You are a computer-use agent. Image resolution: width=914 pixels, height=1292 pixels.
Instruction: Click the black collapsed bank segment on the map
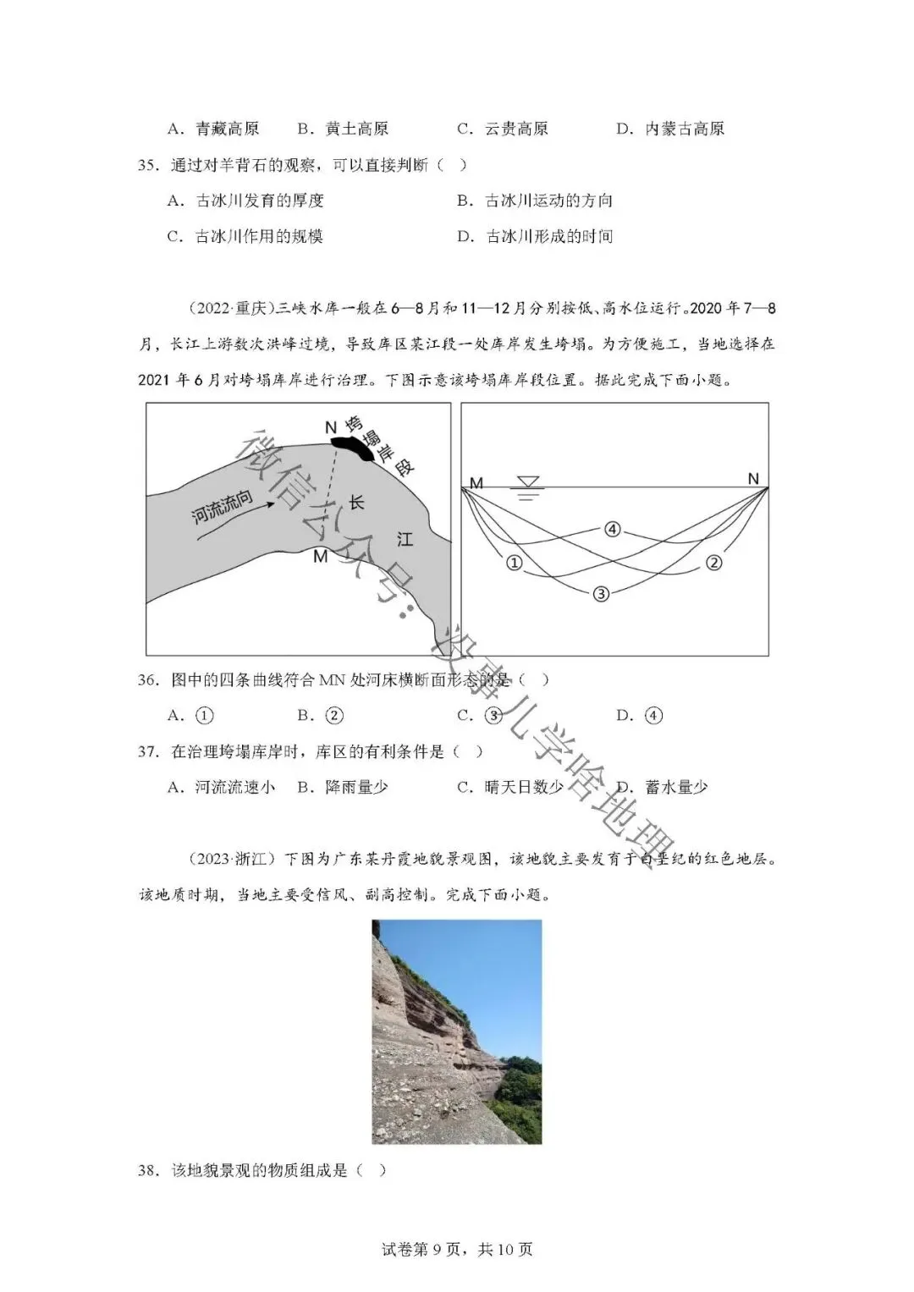click(x=352, y=446)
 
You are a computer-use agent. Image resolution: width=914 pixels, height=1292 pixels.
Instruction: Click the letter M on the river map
click(x=320, y=556)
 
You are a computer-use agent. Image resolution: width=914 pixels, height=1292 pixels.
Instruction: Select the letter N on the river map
click(x=331, y=427)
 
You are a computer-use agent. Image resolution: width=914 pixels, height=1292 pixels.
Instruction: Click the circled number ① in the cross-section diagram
click(x=514, y=562)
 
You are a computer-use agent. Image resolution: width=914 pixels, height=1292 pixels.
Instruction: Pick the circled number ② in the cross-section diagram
click(x=713, y=562)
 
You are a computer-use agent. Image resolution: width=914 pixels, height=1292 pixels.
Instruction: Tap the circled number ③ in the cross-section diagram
click(x=601, y=594)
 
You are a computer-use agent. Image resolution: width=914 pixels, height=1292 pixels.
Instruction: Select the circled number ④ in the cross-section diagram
click(x=613, y=530)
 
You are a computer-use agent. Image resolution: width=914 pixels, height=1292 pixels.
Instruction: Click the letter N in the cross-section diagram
click(x=753, y=479)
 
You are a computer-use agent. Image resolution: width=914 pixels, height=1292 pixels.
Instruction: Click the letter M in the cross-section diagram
click(x=476, y=483)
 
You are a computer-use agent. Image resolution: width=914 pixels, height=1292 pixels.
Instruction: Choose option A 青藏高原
click(x=213, y=129)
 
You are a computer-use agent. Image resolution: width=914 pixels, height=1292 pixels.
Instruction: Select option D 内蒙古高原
click(x=670, y=129)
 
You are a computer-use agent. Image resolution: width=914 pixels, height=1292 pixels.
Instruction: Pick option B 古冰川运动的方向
click(x=535, y=201)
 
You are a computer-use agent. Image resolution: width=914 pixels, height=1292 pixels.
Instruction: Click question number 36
click(x=148, y=679)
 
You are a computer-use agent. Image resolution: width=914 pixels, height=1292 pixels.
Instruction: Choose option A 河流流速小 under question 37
click(x=222, y=787)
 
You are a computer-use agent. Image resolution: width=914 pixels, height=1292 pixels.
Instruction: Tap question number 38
click(x=148, y=1170)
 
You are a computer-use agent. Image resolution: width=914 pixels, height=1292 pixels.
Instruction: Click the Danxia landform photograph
click(x=457, y=1031)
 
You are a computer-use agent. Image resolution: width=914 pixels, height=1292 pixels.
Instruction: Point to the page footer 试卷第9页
click(x=457, y=1249)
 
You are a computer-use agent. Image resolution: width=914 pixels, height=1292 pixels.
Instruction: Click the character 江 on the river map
click(x=405, y=538)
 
